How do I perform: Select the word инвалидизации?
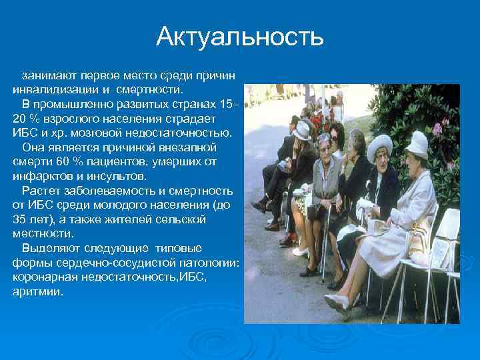(49, 89)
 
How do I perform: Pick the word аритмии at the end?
(37, 292)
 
